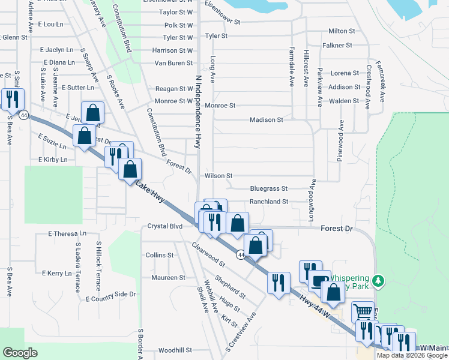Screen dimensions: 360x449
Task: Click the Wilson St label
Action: pyautogui.click(x=218, y=176)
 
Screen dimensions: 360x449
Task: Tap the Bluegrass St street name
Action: pyautogui.click(x=269, y=188)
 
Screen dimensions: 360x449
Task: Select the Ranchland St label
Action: pyautogui.click(x=269, y=202)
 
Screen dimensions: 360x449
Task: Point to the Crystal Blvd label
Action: pyautogui.click(x=164, y=226)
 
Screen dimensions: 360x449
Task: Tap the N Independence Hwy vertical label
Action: pyautogui.click(x=197, y=112)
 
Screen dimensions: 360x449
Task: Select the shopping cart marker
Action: pyautogui.click(x=362, y=311)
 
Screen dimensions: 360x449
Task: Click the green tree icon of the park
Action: pyautogui.click(x=378, y=280)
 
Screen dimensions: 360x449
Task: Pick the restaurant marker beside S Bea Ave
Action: pyautogui.click(x=13, y=98)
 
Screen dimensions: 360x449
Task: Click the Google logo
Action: pyautogui.click(x=20, y=352)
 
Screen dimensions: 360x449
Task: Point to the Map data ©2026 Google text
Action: pyautogui.click(x=412, y=355)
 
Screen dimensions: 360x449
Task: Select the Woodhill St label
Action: pyautogui.click(x=175, y=350)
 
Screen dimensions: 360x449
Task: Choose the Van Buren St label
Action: pyautogui.click(x=173, y=63)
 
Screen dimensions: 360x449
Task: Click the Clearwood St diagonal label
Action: pyautogui.click(x=208, y=254)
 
